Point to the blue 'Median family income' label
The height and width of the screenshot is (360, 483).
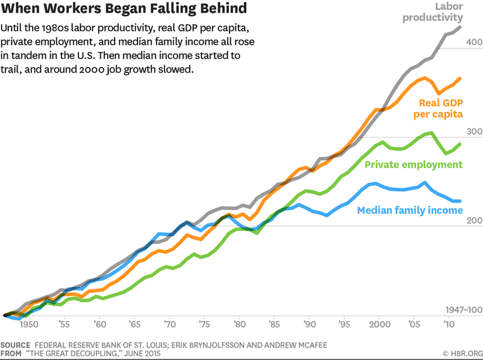click(410, 210)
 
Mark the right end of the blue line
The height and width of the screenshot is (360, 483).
click(461, 201)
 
